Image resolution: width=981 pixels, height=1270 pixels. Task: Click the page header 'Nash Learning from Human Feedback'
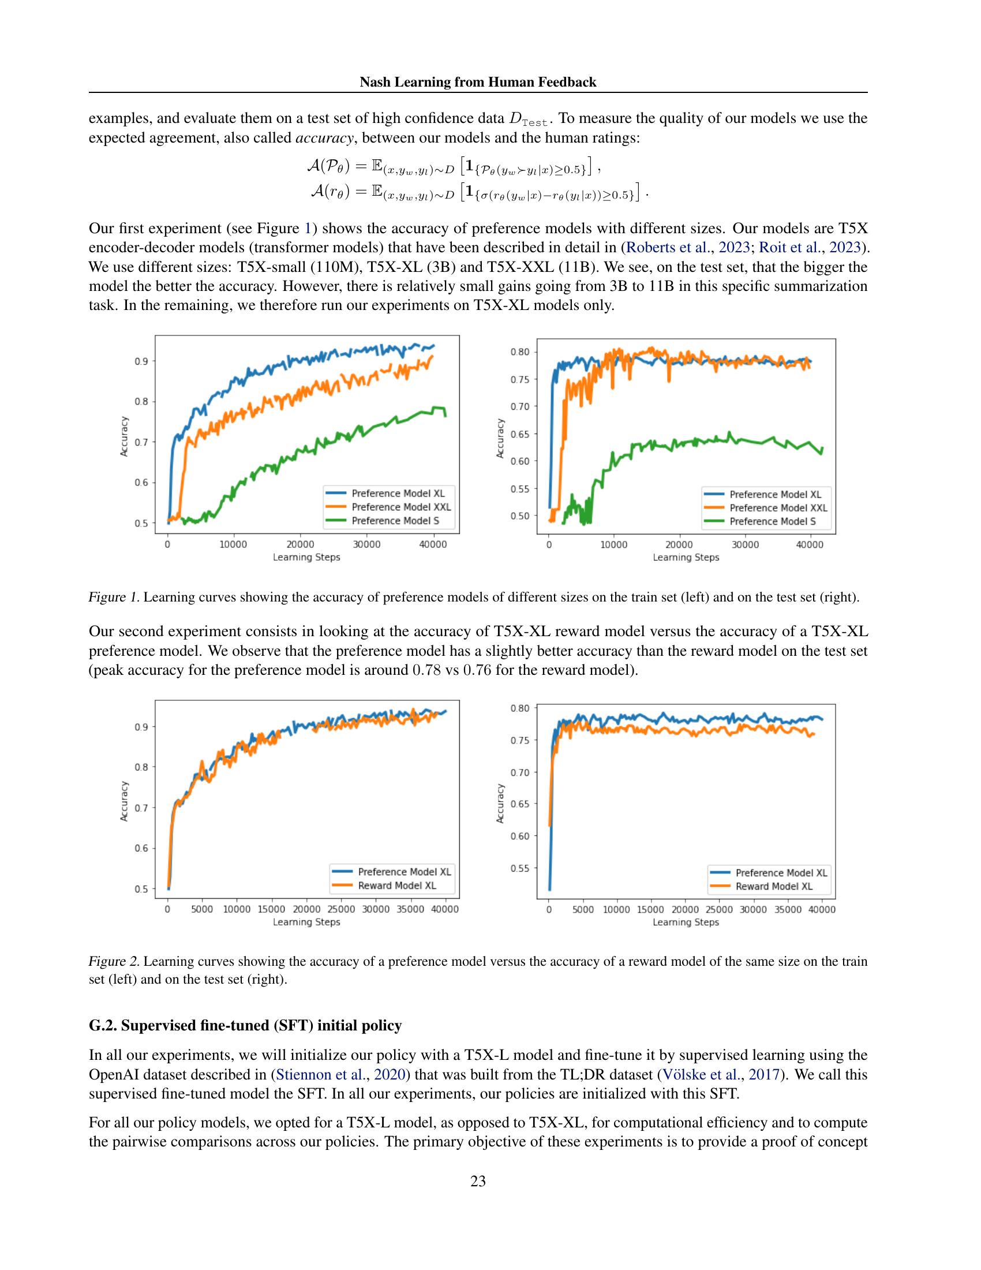coord(478,82)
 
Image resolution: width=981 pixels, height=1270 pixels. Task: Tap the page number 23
coord(478,1181)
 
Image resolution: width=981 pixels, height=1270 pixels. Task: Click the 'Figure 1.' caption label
coord(114,597)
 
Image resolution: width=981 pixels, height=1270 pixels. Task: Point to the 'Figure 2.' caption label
coord(114,961)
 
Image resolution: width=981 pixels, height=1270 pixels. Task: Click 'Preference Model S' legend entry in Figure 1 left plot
coord(395,521)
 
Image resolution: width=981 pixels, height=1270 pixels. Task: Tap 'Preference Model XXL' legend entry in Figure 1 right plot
coord(778,507)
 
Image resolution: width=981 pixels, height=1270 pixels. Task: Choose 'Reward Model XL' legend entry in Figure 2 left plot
coord(397,886)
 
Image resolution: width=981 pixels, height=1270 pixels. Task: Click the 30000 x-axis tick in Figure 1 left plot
coord(366,545)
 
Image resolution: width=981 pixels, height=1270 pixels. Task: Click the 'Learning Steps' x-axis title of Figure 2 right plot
coord(686,922)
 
